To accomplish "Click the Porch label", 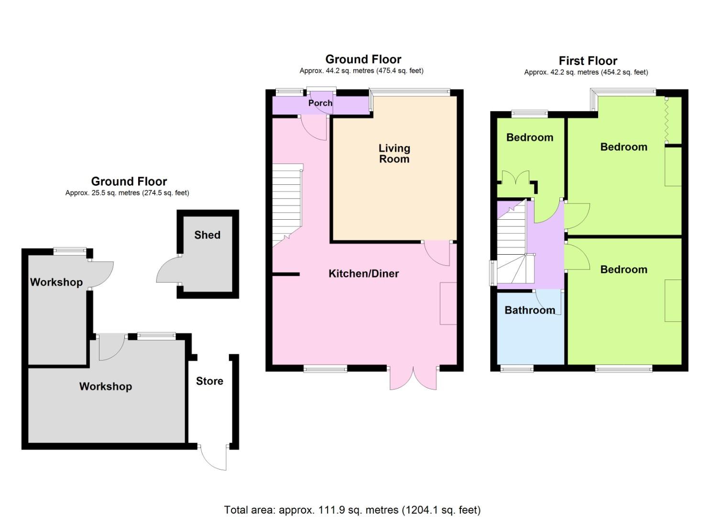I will point(320,103).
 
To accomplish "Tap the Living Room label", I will point(394,154).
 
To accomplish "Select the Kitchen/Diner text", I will point(363,273).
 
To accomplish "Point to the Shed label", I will point(207,235).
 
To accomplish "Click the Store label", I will point(209,381).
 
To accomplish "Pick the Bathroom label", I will point(530,310).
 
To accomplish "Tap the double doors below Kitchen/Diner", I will point(414,378).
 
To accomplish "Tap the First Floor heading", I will point(588,61).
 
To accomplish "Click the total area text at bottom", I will point(352,510).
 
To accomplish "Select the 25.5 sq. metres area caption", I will point(127,193).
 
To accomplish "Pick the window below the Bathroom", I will point(517,368).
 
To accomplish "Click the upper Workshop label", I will point(56,282).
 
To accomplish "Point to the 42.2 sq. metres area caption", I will point(586,72).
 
